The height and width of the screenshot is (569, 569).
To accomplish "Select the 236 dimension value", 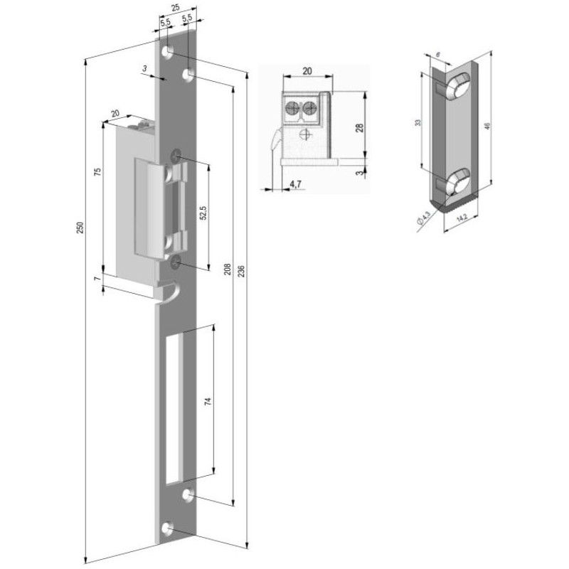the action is click(242, 272).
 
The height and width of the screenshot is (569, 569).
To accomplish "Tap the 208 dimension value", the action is click(228, 269).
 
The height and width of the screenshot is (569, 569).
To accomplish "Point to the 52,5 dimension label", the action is click(203, 213).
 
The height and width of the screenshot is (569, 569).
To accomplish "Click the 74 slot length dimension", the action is click(208, 402).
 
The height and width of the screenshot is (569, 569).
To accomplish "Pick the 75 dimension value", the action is click(97, 172).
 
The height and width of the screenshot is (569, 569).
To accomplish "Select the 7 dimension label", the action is click(97, 278).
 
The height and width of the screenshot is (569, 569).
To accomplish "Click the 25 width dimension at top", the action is click(175, 8).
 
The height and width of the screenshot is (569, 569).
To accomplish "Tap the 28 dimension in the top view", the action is click(360, 128).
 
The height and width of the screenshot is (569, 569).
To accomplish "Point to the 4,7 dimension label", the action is click(295, 184).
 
